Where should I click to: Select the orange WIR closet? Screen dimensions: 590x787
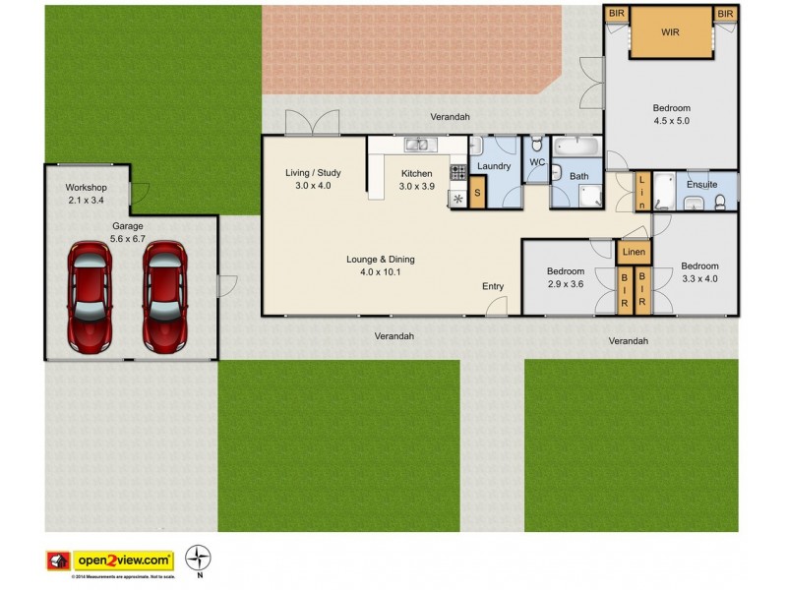(x=670, y=32)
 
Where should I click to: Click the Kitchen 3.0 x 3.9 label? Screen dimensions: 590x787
(x=416, y=180)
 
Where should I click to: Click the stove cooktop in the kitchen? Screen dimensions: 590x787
(x=457, y=173)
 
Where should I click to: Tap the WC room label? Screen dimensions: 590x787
(x=537, y=162)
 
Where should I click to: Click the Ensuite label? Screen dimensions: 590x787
(x=702, y=184)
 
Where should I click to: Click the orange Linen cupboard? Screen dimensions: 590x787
(x=635, y=253)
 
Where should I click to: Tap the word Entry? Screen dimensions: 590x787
(x=493, y=286)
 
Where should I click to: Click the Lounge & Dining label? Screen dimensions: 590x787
(x=381, y=265)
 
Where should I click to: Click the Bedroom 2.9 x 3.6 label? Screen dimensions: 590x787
(x=565, y=277)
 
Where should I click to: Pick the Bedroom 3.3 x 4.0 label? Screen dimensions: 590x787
(x=699, y=271)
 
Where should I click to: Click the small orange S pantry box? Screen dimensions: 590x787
(x=478, y=193)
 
